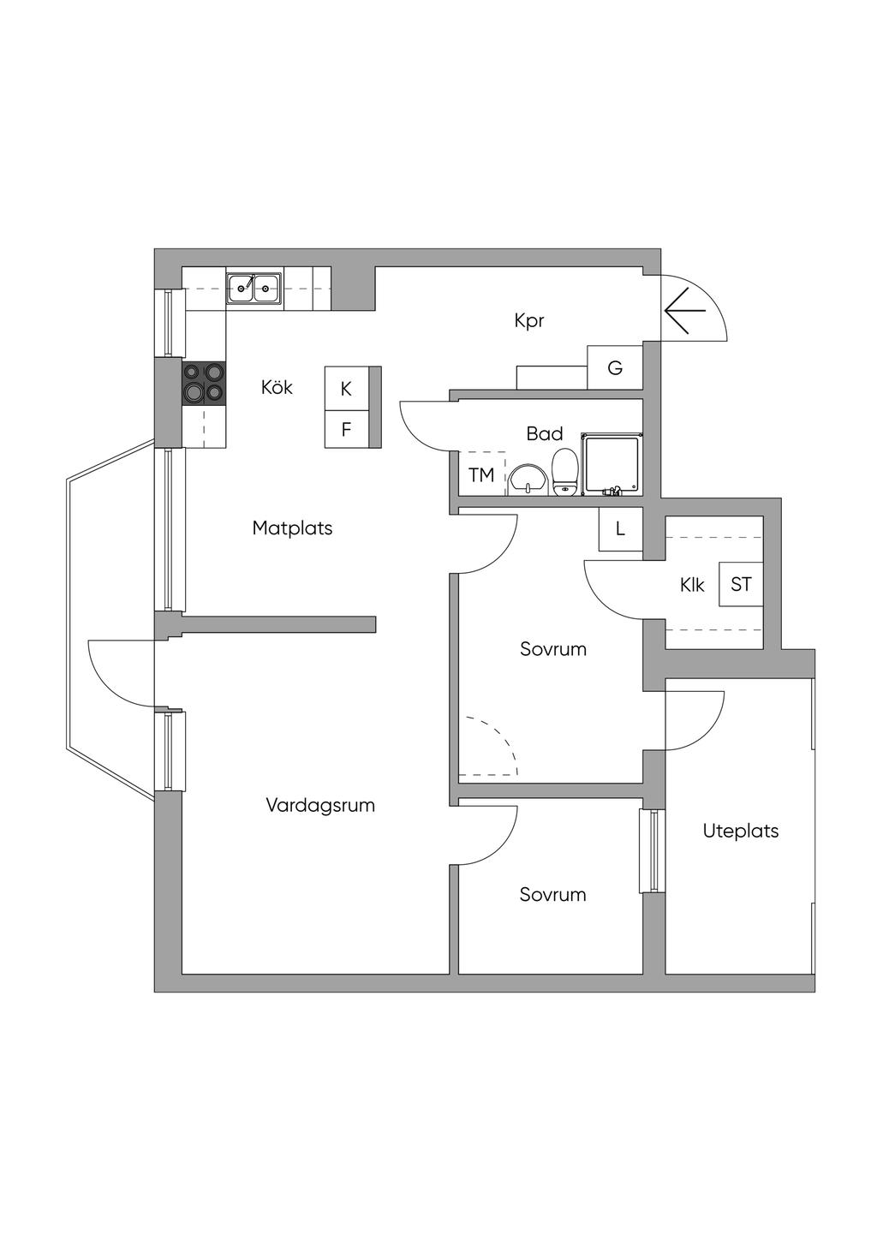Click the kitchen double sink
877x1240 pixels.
tap(254, 289)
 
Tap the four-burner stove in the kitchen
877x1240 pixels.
tap(204, 383)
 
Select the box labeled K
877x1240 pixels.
tap(346, 389)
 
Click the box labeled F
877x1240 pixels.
tap(346, 429)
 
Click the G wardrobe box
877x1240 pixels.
tap(614, 368)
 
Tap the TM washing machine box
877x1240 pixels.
tap(481, 474)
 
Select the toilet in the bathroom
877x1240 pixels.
tap(564, 473)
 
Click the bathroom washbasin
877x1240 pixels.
tap(527, 480)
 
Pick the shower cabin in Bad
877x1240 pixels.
tap(611, 464)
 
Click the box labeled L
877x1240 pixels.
tap(620, 528)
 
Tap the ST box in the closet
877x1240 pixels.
tap(741, 584)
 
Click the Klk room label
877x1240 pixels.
tap(692, 585)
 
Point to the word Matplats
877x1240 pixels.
tap(292, 528)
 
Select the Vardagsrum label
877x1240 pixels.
tap(320, 806)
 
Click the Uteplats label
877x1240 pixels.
tap(741, 831)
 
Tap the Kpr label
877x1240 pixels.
tap(529, 321)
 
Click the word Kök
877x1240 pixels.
tap(277, 388)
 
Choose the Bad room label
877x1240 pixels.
tap(545, 434)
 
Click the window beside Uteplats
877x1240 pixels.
tap(653, 851)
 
